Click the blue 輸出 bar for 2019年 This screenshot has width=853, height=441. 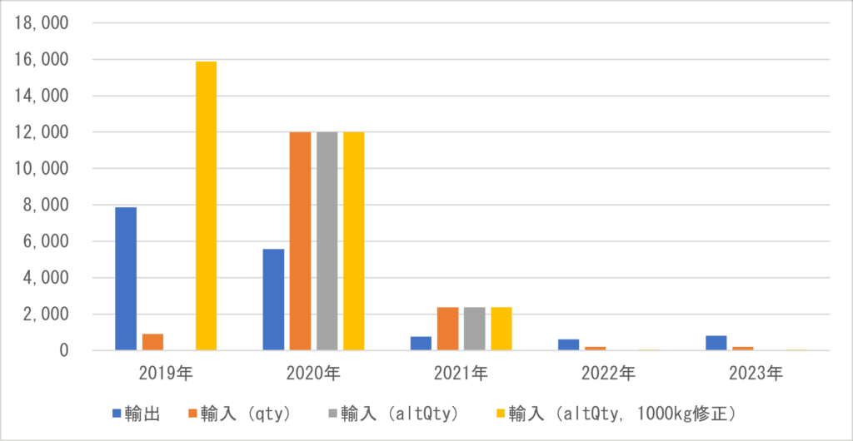(126, 279)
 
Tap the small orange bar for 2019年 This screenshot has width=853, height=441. (152, 342)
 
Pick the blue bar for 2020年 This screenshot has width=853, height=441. (273, 300)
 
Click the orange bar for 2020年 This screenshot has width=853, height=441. (300, 241)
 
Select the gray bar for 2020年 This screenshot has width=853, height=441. (327, 241)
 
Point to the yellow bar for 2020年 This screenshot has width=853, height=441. (353, 241)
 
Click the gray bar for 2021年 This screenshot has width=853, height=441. (474, 329)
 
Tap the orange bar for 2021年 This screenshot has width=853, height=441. (447, 329)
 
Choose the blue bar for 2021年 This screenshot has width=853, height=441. (421, 343)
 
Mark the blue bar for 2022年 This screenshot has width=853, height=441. (568, 344)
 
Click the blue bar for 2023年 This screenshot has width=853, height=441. (716, 343)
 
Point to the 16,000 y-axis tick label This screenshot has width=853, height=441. (40, 60)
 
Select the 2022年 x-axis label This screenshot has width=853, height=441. (610, 374)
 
